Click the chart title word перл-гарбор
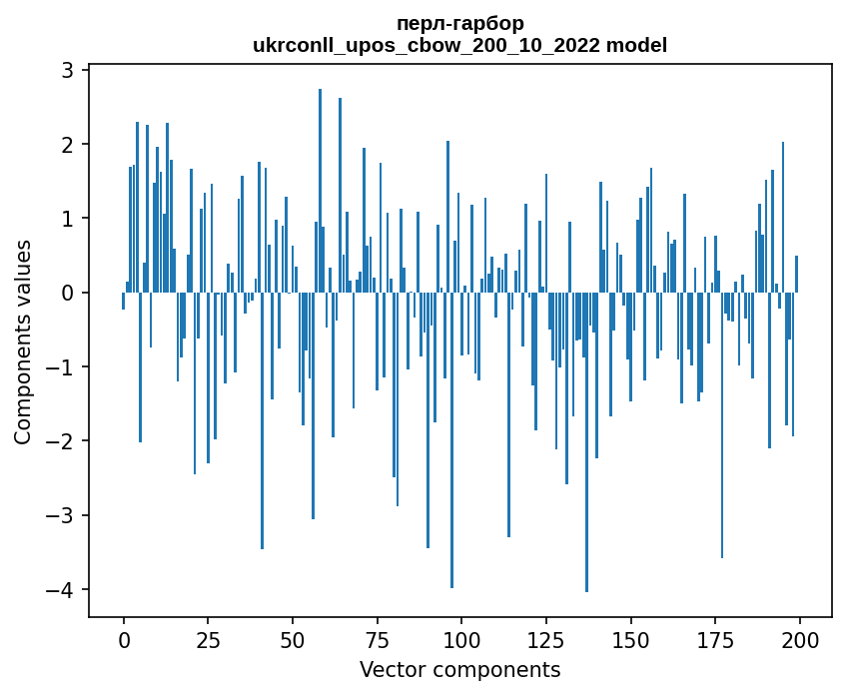pos(459,23)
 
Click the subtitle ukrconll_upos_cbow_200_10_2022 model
pos(459,45)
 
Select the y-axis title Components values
pos(23,342)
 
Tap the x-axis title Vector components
pos(459,669)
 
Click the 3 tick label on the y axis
pos(67,70)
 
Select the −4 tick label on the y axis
pos(61,590)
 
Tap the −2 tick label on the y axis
pos(61,441)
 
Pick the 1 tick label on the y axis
pos(67,219)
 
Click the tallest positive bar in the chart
pos(320,190)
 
